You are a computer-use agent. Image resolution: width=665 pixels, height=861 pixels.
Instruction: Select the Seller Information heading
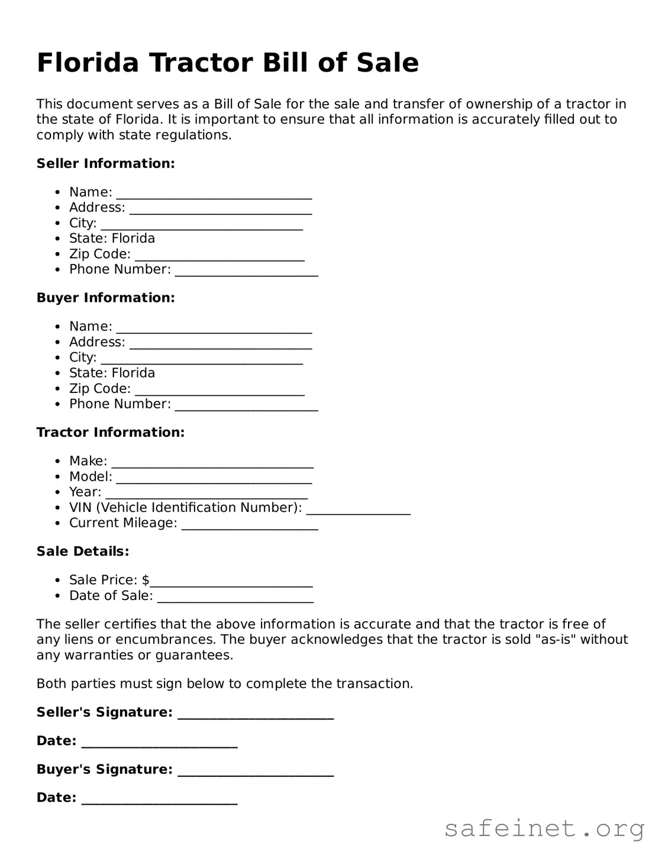point(105,163)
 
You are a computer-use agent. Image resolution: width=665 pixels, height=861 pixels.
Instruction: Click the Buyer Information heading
point(105,298)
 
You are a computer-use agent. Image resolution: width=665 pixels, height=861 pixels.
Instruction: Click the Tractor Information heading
point(111,433)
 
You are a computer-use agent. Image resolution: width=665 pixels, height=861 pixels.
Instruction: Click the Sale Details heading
point(83,552)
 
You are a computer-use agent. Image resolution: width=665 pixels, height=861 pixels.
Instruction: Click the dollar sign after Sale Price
point(146,580)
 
